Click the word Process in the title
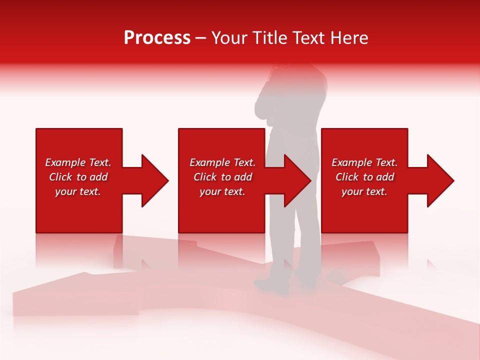click(157, 38)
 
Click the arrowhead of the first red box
click(155, 180)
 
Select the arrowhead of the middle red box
click(297, 180)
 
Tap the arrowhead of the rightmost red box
click(440, 180)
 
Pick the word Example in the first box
click(65, 162)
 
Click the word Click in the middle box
click(205, 177)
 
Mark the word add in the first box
click(98, 177)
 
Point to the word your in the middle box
click(209, 191)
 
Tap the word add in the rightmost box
click(385, 177)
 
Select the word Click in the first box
click(60, 177)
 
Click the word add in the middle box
click(243, 177)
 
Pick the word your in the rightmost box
click(351, 191)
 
